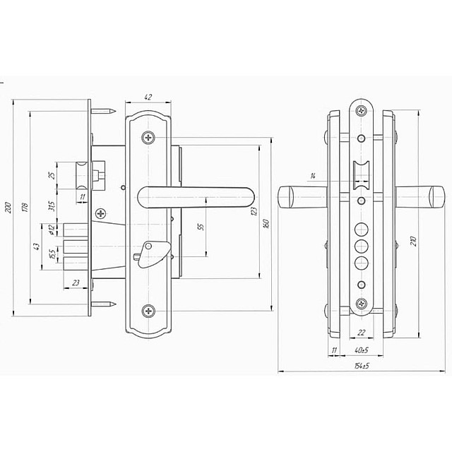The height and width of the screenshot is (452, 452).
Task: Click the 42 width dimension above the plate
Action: [148, 97]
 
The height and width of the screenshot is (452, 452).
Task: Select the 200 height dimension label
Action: [8, 207]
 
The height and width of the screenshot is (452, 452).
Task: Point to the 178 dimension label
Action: [25, 207]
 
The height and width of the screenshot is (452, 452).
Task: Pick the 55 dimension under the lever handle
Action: [200, 227]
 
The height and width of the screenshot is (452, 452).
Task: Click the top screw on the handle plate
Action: [148, 137]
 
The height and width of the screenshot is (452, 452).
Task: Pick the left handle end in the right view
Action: [290, 198]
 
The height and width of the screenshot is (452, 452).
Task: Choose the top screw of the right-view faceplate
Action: [362, 110]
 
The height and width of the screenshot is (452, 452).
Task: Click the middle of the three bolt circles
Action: [362, 244]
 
